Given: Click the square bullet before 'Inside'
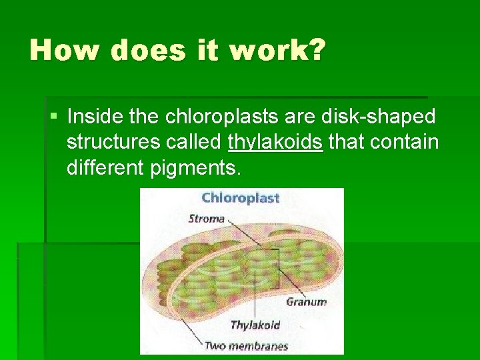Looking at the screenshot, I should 54,117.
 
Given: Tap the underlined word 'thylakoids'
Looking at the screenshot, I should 275,143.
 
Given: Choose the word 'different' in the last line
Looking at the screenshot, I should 104,168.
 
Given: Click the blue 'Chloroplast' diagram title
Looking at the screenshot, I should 240,197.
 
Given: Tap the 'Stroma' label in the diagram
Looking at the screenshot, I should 207,218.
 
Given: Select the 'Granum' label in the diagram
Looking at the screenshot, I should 306,301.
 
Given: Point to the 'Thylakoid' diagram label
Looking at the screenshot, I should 255,325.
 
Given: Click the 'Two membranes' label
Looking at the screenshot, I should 246,345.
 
